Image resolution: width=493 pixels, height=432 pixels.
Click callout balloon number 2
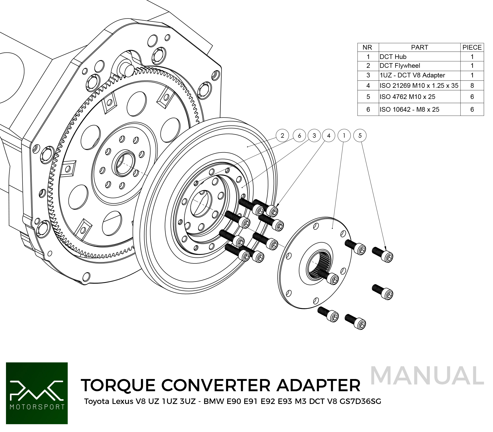click(x=282, y=136)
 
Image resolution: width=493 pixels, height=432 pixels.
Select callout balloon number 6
click(x=299, y=136)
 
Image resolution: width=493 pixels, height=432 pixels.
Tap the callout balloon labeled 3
click(x=314, y=136)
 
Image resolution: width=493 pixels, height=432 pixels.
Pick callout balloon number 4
click(x=329, y=136)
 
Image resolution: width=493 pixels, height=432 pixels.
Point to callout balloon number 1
click(x=344, y=136)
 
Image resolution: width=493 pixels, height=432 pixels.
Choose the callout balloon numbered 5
click(x=360, y=136)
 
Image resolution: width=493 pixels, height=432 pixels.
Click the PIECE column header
click(x=472, y=47)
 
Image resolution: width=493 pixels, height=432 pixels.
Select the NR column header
click(x=367, y=47)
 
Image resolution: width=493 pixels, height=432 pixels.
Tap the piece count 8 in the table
click(x=472, y=85)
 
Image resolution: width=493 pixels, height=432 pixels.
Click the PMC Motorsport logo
click(x=37, y=393)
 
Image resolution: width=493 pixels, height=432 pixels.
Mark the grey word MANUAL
click(x=427, y=376)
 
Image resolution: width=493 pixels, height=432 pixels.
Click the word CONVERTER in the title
click(x=216, y=385)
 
